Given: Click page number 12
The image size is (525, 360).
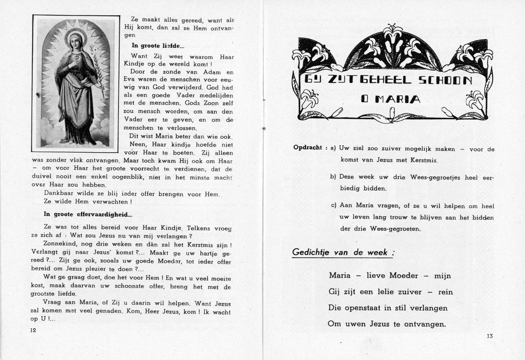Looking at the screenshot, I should (34, 330).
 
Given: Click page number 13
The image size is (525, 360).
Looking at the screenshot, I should (489, 337).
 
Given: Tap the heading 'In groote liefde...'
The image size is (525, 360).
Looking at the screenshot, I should (155, 46).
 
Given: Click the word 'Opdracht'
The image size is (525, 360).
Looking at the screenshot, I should (308, 148).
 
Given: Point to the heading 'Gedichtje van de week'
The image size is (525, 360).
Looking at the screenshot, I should (340, 252).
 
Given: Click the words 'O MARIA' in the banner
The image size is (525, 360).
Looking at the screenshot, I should (391, 99).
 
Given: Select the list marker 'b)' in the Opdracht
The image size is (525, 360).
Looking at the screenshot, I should (333, 177).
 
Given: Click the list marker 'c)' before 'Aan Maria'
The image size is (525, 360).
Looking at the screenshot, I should (334, 205).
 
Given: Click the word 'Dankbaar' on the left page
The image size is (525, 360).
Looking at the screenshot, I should (57, 193).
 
